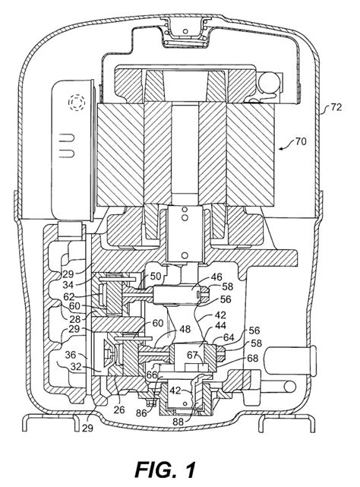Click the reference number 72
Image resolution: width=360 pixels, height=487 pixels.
point(336,107)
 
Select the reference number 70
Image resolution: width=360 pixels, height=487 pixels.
point(300,141)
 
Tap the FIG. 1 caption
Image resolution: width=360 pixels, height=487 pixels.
point(166,470)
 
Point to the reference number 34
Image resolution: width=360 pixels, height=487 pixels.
point(69,284)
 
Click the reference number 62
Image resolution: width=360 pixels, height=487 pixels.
point(69,296)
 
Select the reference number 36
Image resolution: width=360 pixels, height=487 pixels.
point(71,355)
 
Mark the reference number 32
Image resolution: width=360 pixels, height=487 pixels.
point(75,367)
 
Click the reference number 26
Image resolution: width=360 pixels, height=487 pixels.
point(118,410)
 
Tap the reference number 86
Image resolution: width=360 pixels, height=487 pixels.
point(142,413)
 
